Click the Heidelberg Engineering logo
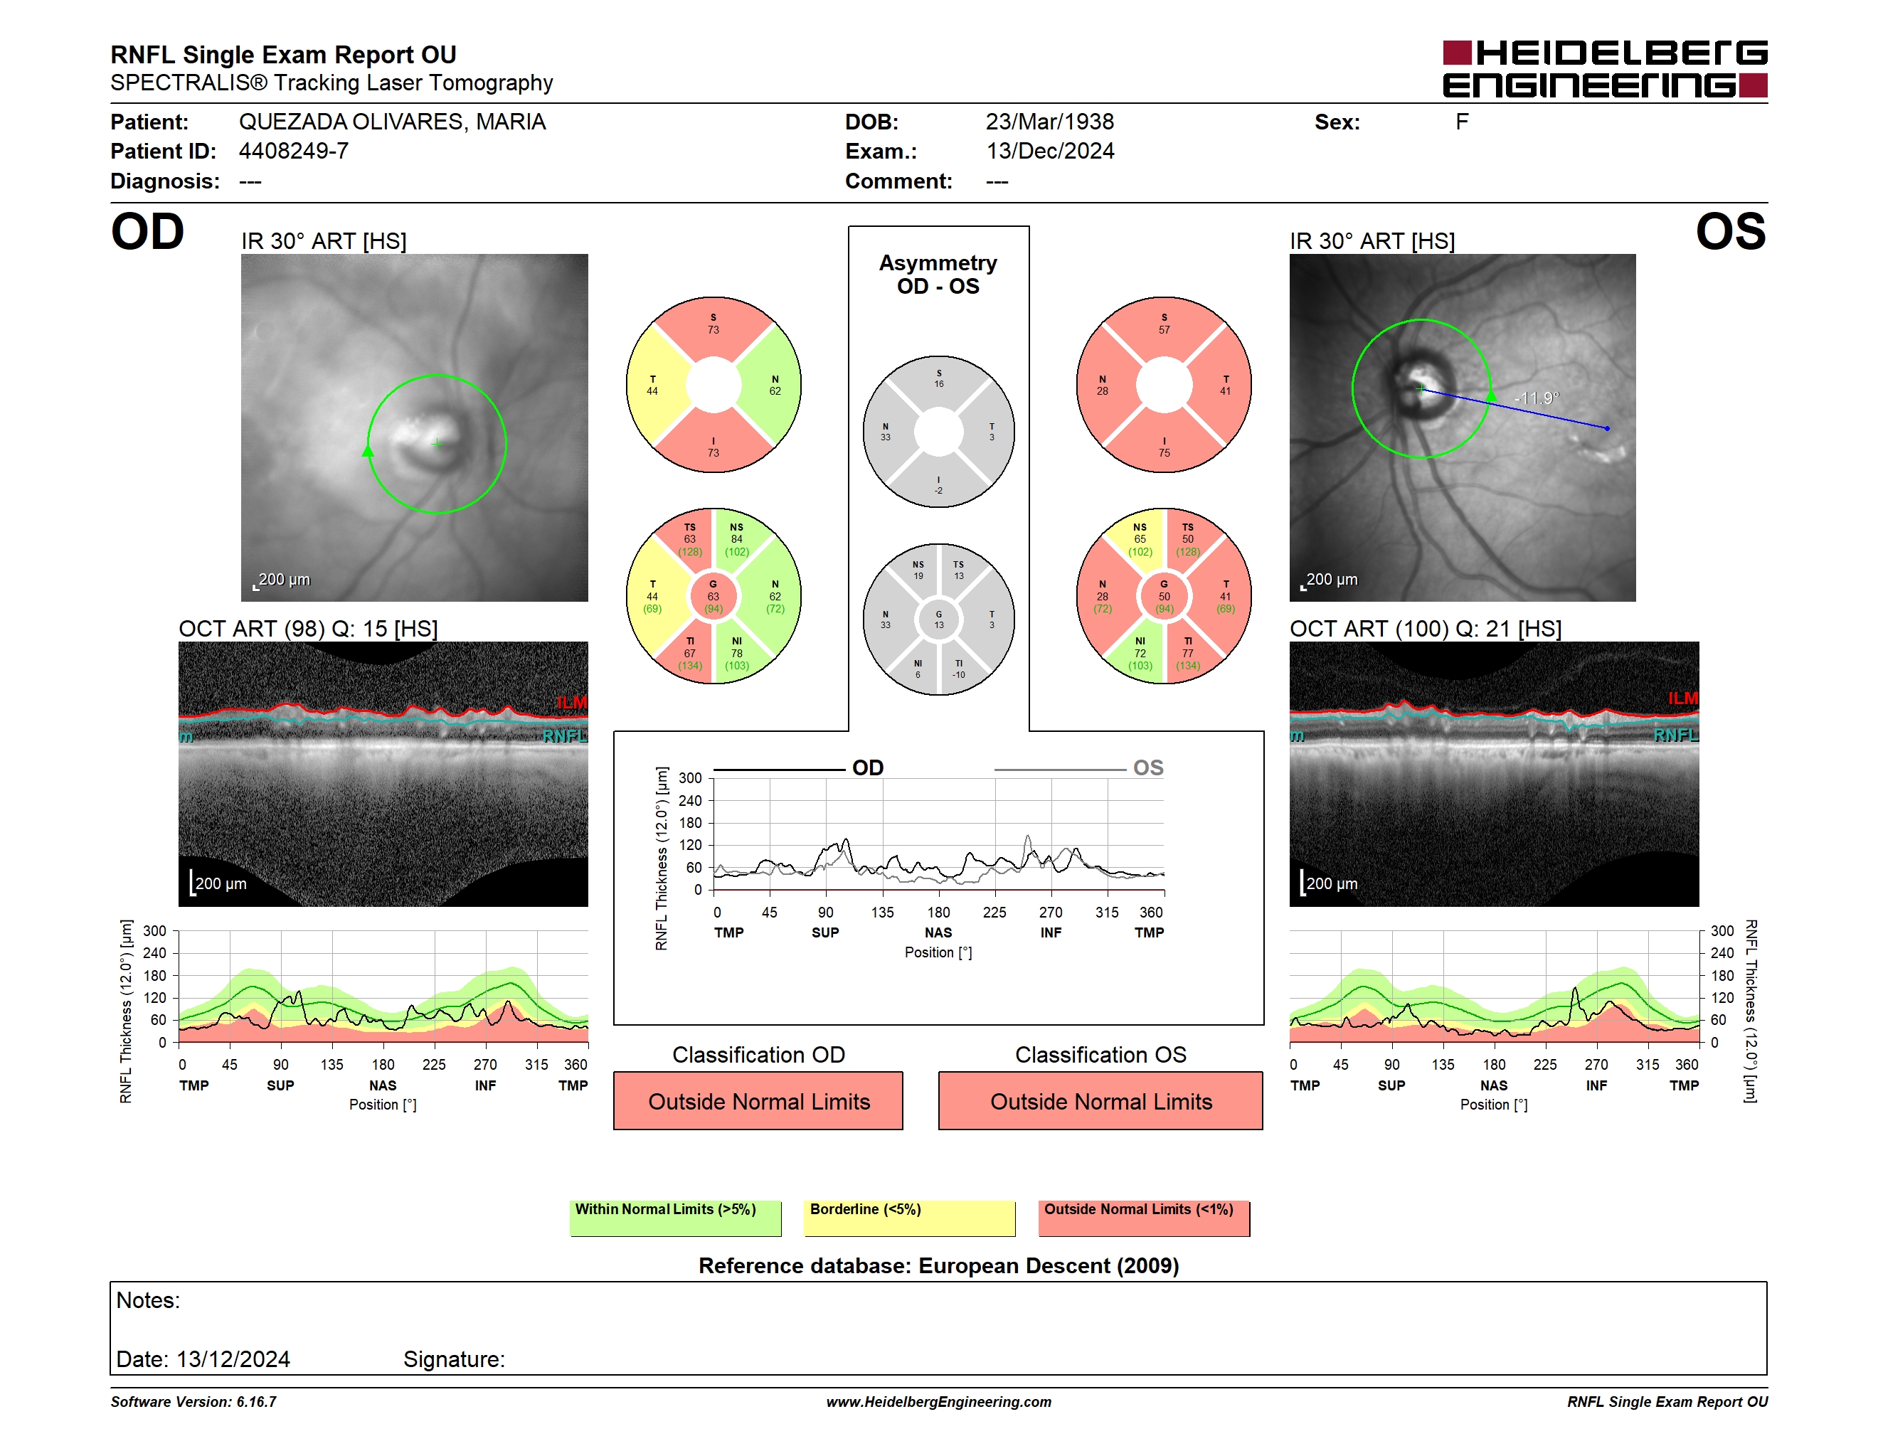(x=1605, y=69)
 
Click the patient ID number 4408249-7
(x=293, y=152)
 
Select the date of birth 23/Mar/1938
(x=1049, y=122)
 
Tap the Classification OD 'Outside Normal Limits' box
(x=758, y=1100)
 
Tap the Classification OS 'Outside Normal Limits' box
(x=1100, y=1100)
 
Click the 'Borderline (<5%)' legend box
(x=910, y=1218)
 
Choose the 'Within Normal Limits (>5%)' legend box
(x=675, y=1218)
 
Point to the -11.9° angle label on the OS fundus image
(x=1537, y=398)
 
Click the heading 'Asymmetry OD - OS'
(x=938, y=275)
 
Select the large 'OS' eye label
(x=1730, y=232)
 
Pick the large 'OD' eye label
(x=147, y=232)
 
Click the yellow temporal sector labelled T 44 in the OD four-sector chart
(x=656, y=385)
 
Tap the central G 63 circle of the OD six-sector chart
(x=713, y=596)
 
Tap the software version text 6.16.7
(x=256, y=1402)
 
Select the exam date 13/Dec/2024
(x=1049, y=152)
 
